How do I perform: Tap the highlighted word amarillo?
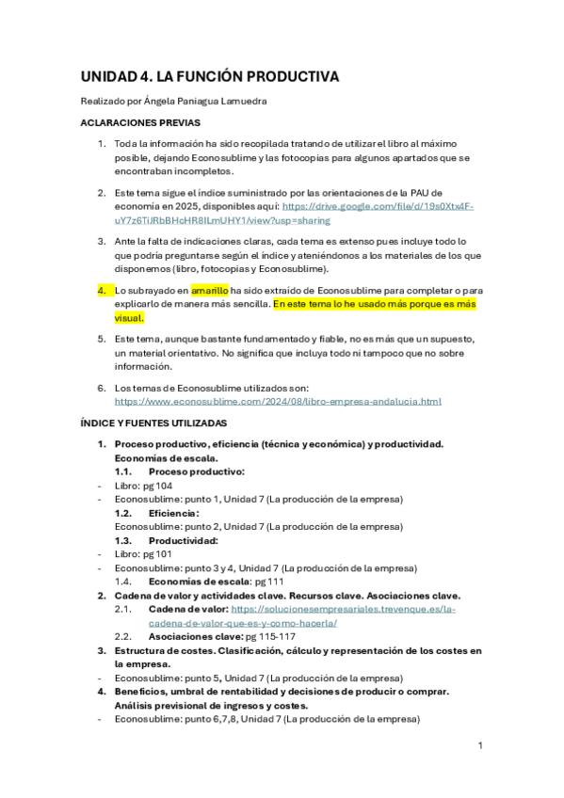pyautogui.click(x=209, y=292)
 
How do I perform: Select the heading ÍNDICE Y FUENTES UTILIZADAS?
pyautogui.click(x=153, y=423)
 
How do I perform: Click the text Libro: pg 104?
pyautogui.click(x=143, y=486)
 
